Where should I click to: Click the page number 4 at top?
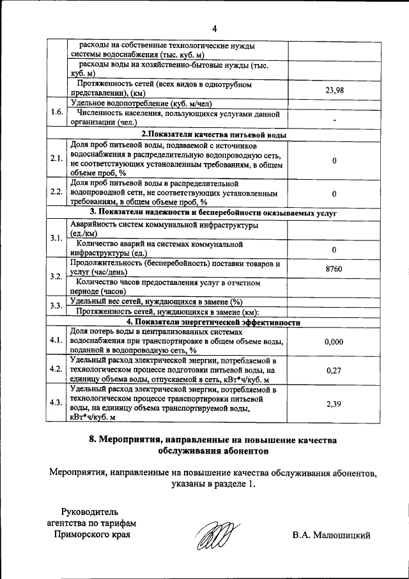(215, 29)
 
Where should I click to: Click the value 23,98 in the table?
(334, 90)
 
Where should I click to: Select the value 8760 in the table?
(334, 269)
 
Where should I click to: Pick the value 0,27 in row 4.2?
(334, 370)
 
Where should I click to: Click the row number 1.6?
(56, 112)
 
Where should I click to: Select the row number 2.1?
(56, 159)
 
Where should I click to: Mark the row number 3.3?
(56, 306)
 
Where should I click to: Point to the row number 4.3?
(56, 402)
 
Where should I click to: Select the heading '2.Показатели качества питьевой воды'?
(213, 134)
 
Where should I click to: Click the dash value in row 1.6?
(334, 120)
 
